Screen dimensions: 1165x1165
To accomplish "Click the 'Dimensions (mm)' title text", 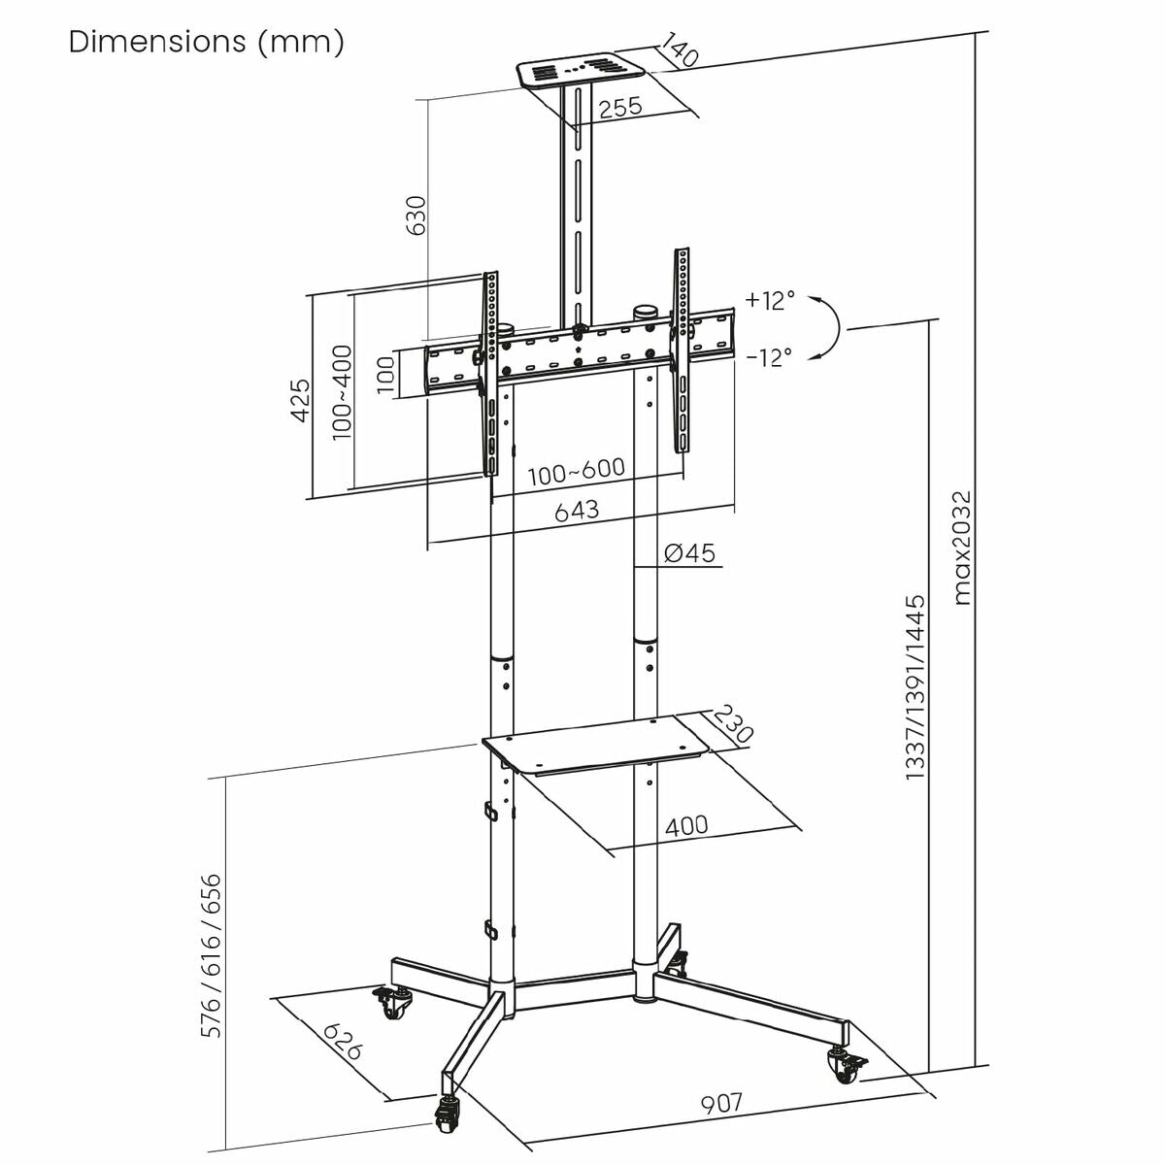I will pos(206,42).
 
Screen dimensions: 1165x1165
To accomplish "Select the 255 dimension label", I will pos(620,107).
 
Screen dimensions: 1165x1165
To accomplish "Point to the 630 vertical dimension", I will pos(416,216).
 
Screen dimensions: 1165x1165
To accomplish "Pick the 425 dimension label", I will pos(301,400).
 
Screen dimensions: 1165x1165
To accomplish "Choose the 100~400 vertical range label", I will pos(342,393).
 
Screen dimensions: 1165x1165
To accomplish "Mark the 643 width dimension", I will pos(577,510).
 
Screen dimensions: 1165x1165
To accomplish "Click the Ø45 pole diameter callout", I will pos(689,553).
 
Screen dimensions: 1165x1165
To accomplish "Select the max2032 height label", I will pos(961,549).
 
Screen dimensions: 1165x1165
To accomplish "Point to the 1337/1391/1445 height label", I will pos(915,687).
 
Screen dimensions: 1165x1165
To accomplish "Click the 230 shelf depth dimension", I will pos(734,724).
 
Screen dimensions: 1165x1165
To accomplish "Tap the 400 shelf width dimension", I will pos(686,826).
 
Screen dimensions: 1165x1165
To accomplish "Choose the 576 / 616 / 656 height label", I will pos(212,956).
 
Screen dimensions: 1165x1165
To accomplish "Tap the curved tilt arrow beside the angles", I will pos(830,327).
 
